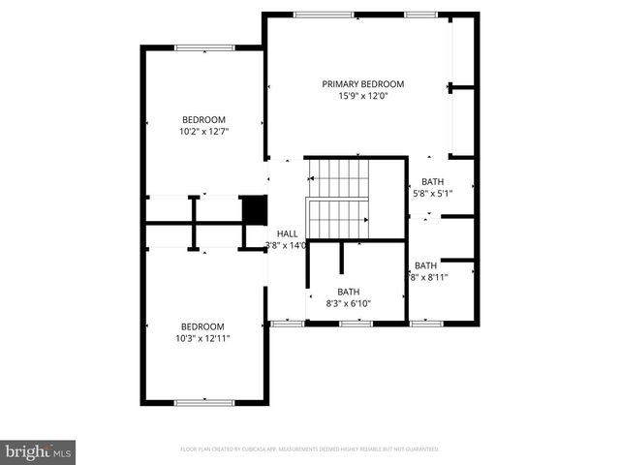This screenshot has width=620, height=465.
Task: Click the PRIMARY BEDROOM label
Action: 363,84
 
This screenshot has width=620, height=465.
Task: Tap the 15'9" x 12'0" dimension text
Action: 363,96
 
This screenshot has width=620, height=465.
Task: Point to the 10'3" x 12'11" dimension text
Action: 202,338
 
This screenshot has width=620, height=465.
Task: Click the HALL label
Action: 288,233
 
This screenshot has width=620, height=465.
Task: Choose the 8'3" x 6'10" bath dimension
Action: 348,303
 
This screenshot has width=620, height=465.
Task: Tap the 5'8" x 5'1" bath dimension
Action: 432,193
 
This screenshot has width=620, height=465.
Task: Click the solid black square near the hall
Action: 253,209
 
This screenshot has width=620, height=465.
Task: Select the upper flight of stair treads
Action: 339,177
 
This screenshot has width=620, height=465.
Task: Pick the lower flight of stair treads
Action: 337,217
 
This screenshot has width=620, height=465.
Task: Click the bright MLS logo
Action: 38,451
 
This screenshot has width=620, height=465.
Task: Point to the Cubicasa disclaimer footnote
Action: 310,449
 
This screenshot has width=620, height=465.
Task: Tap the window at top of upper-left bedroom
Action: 204,46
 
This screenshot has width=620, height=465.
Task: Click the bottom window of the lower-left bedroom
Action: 203,401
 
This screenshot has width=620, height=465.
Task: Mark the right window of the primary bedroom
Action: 420,15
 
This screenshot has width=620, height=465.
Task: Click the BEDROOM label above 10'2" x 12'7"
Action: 203,119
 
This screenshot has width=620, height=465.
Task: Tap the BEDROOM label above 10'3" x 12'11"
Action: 202,326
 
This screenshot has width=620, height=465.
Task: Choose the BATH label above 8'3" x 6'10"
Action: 348,292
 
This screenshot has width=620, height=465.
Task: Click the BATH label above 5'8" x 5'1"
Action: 432,181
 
